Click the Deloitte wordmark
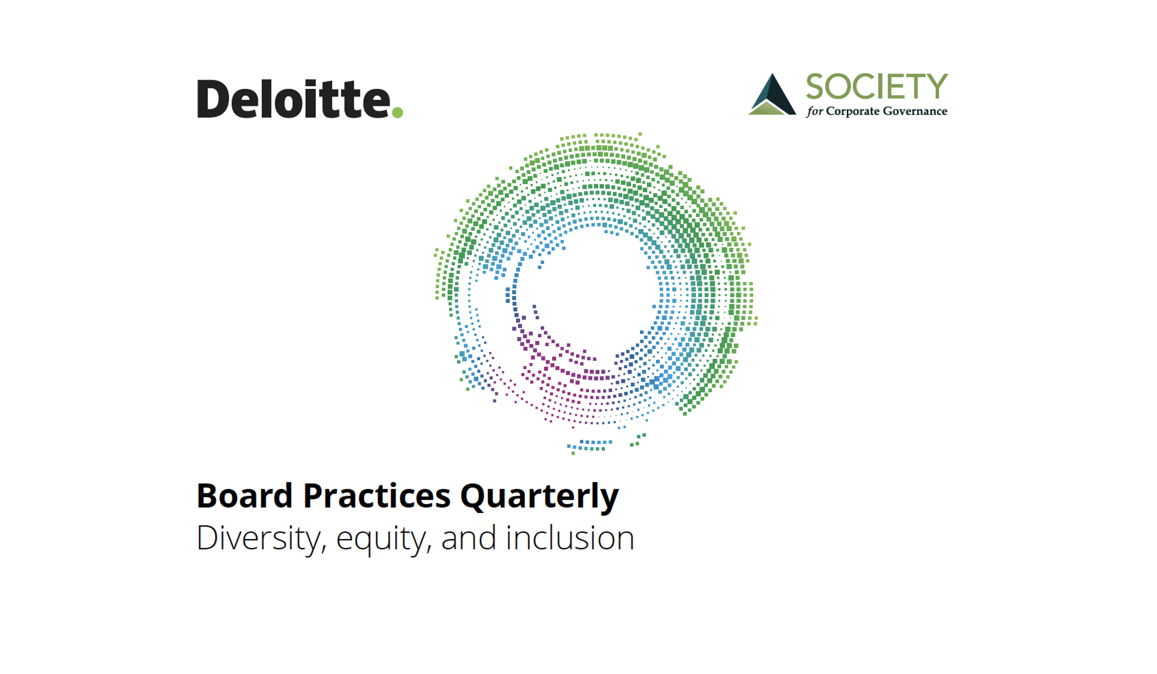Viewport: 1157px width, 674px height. tap(294, 99)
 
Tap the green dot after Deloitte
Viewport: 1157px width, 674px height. tap(397, 112)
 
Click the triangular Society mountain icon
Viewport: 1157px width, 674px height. tap(772, 94)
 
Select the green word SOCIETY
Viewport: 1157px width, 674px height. tap(877, 87)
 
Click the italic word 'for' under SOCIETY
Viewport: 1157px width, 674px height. tap(815, 112)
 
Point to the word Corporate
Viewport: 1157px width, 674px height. tap(853, 112)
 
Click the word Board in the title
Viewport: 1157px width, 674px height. tap(245, 496)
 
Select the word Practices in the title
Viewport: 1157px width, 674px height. tap(377, 496)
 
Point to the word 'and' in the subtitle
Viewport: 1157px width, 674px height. tap(469, 538)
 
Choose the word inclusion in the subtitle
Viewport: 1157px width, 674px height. tap(570, 538)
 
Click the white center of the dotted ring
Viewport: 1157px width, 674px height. tap(589, 293)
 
